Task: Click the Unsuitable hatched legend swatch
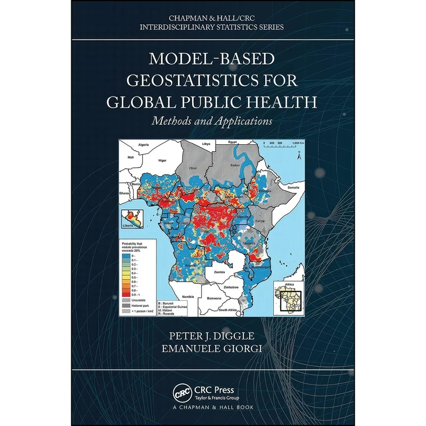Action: [126, 299]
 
